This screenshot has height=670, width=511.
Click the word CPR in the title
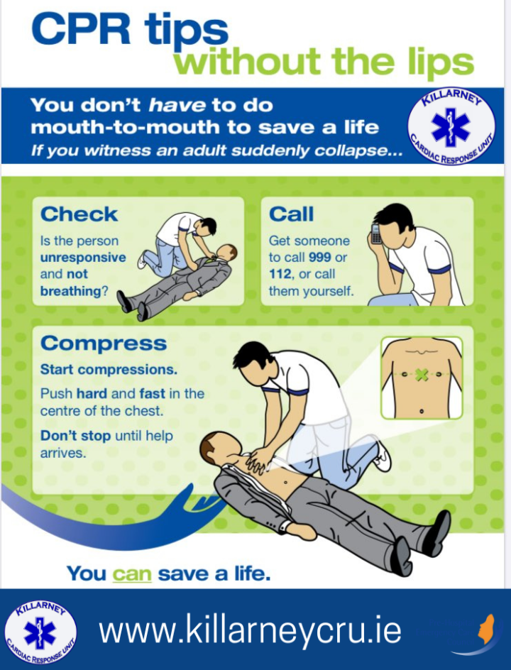click(x=81, y=28)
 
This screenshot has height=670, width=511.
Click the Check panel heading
click(x=79, y=214)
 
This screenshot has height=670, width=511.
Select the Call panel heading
click(x=292, y=214)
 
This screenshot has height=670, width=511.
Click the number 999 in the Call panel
click(x=320, y=257)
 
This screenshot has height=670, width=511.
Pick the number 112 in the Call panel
click(x=280, y=274)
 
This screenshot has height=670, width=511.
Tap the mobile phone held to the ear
click(x=376, y=234)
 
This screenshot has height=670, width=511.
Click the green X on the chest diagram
click(x=421, y=375)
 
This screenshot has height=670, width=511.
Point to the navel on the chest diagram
click(x=422, y=411)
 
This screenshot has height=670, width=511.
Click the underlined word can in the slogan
click(x=132, y=573)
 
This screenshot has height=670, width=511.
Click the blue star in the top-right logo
click(x=451, y=125)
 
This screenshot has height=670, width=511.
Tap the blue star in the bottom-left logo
click(x=40, y=633)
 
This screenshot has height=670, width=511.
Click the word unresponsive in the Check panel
click(x=83, y=258)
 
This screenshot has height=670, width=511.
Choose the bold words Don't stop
click(x=76, y=436)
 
